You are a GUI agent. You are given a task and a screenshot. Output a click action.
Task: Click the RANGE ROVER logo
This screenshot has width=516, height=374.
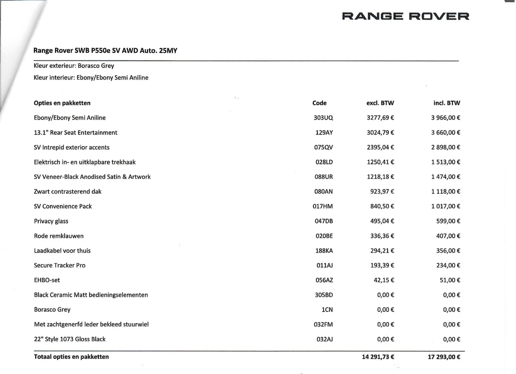[406, 16]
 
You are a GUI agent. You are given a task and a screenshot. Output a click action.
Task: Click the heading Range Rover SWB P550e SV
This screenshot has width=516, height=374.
[105, 50]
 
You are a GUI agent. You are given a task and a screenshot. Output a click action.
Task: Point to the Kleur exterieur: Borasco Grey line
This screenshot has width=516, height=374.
[74, 66]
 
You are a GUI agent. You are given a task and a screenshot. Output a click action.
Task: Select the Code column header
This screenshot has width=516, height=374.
[319, 103]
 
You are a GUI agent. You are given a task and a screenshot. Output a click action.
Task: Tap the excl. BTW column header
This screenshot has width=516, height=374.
[380, 103]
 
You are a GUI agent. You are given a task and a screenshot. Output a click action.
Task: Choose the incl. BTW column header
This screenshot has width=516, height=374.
[446, 103]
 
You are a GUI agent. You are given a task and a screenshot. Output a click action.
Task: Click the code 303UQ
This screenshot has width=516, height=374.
[324, 118]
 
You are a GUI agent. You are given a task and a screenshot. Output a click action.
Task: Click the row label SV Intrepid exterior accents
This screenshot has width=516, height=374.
[72, 147]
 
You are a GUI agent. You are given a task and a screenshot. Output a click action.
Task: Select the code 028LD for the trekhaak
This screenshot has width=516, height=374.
[324, 162]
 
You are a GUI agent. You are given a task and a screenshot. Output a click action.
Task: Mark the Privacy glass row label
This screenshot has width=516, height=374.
[51, 221]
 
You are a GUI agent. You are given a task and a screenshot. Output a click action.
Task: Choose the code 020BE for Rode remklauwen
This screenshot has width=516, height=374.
[324, 236]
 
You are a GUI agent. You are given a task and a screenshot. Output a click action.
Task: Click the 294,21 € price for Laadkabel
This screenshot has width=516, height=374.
[382, 251]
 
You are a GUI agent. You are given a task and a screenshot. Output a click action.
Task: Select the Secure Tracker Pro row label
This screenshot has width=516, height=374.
[59, 265]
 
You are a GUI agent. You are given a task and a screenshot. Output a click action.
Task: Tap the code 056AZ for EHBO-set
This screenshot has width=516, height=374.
[324, 280]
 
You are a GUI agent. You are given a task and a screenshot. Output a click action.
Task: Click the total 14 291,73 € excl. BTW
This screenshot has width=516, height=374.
[377, 357]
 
